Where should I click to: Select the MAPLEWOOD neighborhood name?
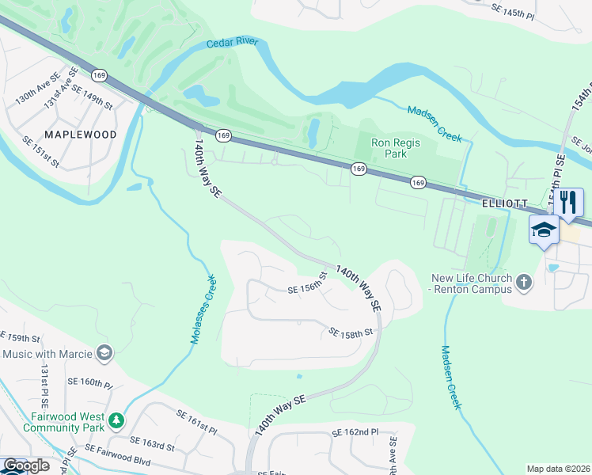click(x=80, y=135)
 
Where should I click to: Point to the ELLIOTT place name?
click(x=505, y=203)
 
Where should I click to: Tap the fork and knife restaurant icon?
click(x=568, y=202)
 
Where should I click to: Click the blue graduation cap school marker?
click(x=544, y=231)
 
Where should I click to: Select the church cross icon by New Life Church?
click(x=522, y=281)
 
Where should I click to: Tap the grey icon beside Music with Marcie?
click(x=104, y=351)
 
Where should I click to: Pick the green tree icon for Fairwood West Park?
click(x=116, y=420)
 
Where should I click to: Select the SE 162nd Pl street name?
click(x=355, y=433)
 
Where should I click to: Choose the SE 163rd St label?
click(x=152, y=443)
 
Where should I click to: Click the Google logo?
click(x=26, y=465)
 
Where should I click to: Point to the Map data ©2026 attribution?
click(x=558, y=469)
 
